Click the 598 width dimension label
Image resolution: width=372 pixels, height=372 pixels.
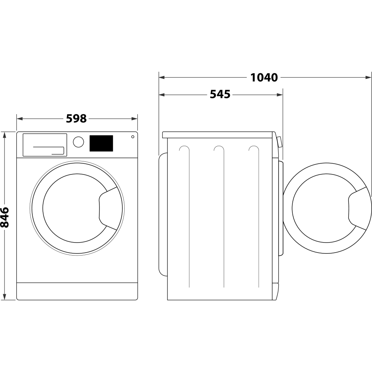pos(76,119)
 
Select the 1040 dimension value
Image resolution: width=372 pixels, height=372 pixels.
pos(264,77)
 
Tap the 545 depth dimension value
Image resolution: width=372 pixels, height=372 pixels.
pos(220,94)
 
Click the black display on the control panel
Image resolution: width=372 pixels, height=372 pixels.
pos(101,143)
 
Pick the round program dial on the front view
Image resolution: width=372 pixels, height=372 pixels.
pos(78,142)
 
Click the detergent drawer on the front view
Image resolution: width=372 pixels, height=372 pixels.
pos(45,145)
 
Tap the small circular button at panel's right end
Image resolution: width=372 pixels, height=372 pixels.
pos(132,137)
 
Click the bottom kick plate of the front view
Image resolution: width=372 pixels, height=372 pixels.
pos(77,291)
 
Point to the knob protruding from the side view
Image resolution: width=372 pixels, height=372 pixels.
pos(279,142)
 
